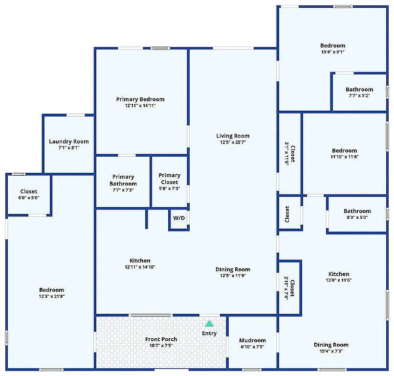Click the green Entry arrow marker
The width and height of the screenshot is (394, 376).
pyautogui.click(x=209, y=324)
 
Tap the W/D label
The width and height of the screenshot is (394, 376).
pyautogui.click(x=179, y=218)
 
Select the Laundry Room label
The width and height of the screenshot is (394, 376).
pyautogui.click(x=69, y=141)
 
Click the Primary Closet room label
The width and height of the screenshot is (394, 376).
pyautogui.click(x=170, y=179)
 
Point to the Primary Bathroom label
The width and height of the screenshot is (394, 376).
pyautogui.click(x=123, y=180)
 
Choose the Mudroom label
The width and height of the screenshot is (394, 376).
pyautogui.click(x=253, y=340)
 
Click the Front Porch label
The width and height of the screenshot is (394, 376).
pyautogui.click(x=161, y=339)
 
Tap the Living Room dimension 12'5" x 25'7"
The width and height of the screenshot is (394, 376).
pyautogui.click(x=233, y=142)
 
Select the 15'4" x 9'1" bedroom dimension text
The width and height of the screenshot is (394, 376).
pyautogui.click(x=333, y=52)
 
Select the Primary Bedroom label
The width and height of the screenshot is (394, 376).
pyautogui.click(x=140, y=99)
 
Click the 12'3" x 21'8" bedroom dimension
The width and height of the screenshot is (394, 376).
pyautogui.click(x=51, y=296)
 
